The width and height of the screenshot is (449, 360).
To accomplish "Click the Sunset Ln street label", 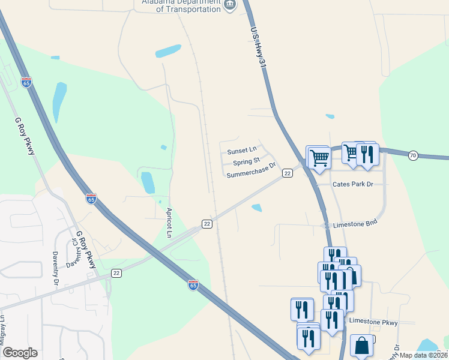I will [x=242, y=151].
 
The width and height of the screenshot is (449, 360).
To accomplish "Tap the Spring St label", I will [x=246, y=161].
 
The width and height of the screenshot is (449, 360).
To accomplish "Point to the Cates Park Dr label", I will [x=353, y=184].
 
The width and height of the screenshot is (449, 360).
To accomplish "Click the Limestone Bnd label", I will [x=355, y=223].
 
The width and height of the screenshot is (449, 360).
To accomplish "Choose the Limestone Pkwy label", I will [x=373, y=322].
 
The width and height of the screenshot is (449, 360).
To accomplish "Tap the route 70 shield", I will [x=412, y=156].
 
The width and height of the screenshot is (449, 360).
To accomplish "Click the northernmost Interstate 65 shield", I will [x=26, y=83].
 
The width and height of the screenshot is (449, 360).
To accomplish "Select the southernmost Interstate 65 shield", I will [x=193, y=285].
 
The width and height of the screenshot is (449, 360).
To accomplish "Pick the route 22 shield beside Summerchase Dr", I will [x=288, y=173].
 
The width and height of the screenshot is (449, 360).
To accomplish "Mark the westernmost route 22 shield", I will [x=116, y=273].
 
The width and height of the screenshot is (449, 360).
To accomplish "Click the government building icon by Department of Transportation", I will [x=230, y=6].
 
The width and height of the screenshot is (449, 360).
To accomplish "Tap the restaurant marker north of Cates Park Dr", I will [x=367, y=155].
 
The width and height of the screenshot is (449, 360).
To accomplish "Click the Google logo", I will [x=20, y=353].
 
